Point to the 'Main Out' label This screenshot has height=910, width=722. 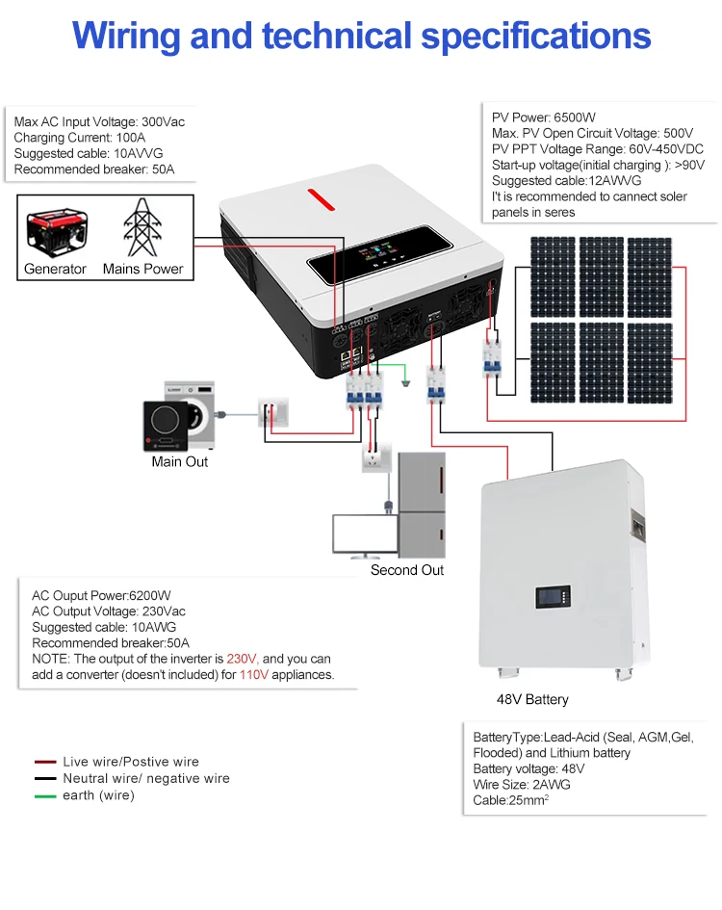point(179,462)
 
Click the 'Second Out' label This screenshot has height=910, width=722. point(407,570)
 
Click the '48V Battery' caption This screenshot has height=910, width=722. point(532,699)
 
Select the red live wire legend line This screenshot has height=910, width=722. point(45,762)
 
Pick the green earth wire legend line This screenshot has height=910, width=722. point(45,796)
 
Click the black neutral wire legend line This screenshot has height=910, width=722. point(45,779)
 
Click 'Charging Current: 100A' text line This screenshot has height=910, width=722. point(79,139)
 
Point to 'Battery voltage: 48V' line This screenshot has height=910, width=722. point(529,768)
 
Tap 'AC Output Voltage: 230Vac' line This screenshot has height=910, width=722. point(109,611)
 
